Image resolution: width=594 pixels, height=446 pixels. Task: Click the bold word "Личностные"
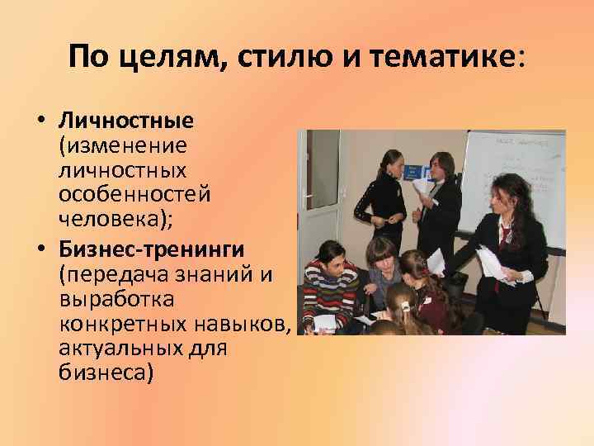tap(126, 121)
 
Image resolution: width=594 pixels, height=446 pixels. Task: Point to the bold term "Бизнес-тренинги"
tap(151, 249)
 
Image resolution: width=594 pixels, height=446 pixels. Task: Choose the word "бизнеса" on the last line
tap(106, 372)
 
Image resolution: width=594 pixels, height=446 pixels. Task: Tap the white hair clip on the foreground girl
tap(406, 308)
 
